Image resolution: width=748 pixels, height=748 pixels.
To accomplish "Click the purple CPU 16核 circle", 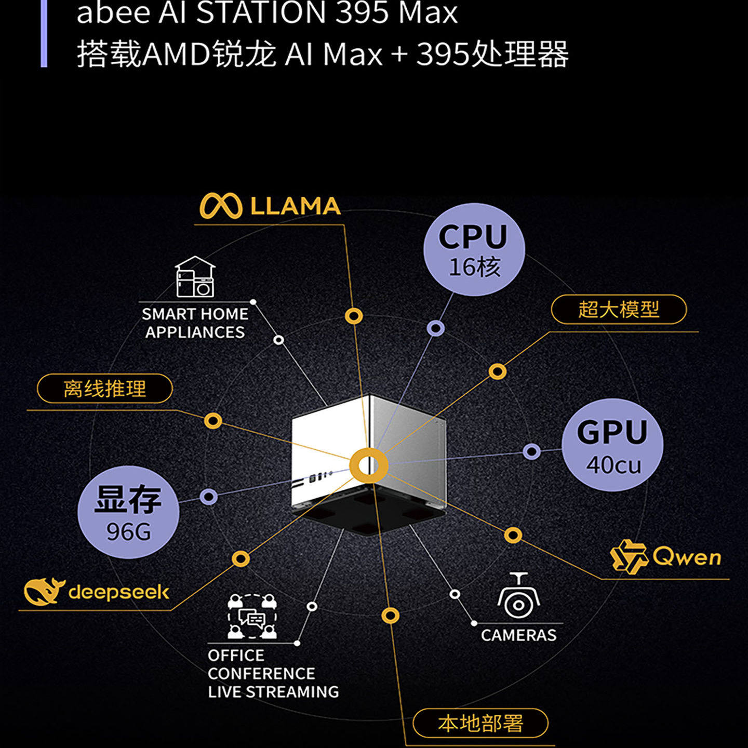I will click(474, 250).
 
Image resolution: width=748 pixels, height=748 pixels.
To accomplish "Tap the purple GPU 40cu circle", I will click(612, 445).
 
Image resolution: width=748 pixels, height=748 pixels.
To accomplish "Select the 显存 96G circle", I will click(128, 512).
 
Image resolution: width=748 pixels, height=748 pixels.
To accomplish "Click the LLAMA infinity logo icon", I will click(221, 206).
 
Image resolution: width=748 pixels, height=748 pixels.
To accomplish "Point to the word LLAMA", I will click(295, 206).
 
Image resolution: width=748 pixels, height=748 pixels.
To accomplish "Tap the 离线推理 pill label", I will click(105, 389).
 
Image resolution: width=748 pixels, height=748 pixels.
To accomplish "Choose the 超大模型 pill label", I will click(619, 310).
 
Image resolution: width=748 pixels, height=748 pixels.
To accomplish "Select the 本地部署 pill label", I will click(480, 723).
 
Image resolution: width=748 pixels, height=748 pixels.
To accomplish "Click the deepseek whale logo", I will click(44, 591).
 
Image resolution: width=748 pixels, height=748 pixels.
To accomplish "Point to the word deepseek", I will click(119, 592).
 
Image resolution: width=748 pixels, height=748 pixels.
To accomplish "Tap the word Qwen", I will click(687, 557).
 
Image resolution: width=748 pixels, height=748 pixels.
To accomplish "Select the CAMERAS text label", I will click(518, 635).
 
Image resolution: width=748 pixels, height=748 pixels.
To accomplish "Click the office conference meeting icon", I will click(252, 617).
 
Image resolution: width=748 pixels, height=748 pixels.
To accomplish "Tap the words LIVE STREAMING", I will click(273, 692).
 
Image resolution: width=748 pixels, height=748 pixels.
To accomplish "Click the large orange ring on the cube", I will click(368, 465).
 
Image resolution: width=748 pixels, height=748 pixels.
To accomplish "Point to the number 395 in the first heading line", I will click(362, 12).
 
